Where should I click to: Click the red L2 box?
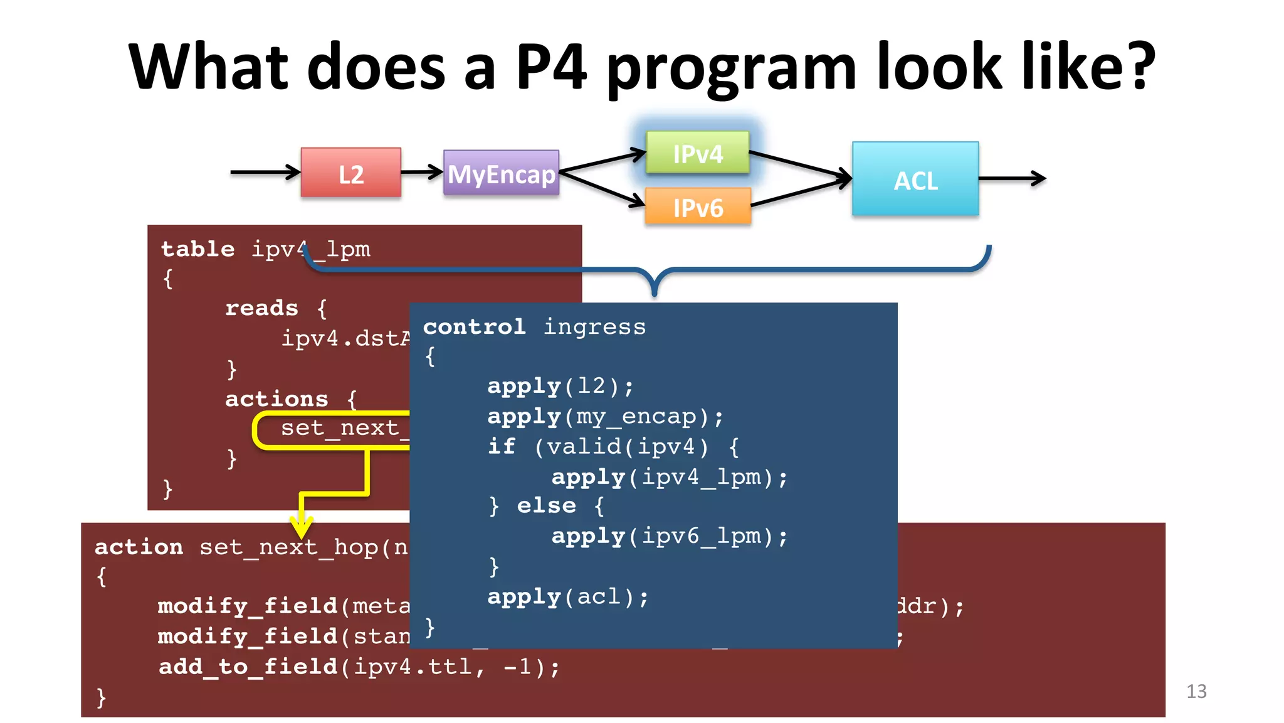point(350,173)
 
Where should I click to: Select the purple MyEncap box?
point(501,173)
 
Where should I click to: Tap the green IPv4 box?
point(698,153)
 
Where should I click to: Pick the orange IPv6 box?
point(698,206)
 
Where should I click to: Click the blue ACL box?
point(915,179)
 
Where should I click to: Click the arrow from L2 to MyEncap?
point(422,172)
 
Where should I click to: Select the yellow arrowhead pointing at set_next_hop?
point(302,527)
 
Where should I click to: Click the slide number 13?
point(1196,691)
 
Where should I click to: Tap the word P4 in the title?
point(550,67)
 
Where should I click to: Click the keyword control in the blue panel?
point(474,326)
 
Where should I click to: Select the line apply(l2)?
point(560,386)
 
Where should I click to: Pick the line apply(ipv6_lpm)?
point(669,536)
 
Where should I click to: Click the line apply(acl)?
point(568,596)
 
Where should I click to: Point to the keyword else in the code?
point(546,506)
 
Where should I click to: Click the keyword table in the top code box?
point(197,249)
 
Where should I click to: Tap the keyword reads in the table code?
point(261,308)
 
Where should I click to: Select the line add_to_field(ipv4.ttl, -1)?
point(359,667)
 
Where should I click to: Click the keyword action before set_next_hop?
point(139,547)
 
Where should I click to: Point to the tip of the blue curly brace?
point(654,293)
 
